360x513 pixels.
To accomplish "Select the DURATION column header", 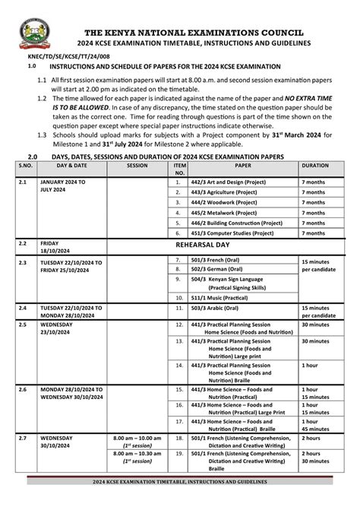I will [314, 164].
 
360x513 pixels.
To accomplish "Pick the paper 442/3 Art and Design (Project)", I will [225, 182].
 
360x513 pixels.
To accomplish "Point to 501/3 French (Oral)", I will [216, 260].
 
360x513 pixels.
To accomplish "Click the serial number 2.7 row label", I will [23, 439].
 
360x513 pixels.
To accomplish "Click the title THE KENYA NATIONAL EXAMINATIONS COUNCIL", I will [194, 33].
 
